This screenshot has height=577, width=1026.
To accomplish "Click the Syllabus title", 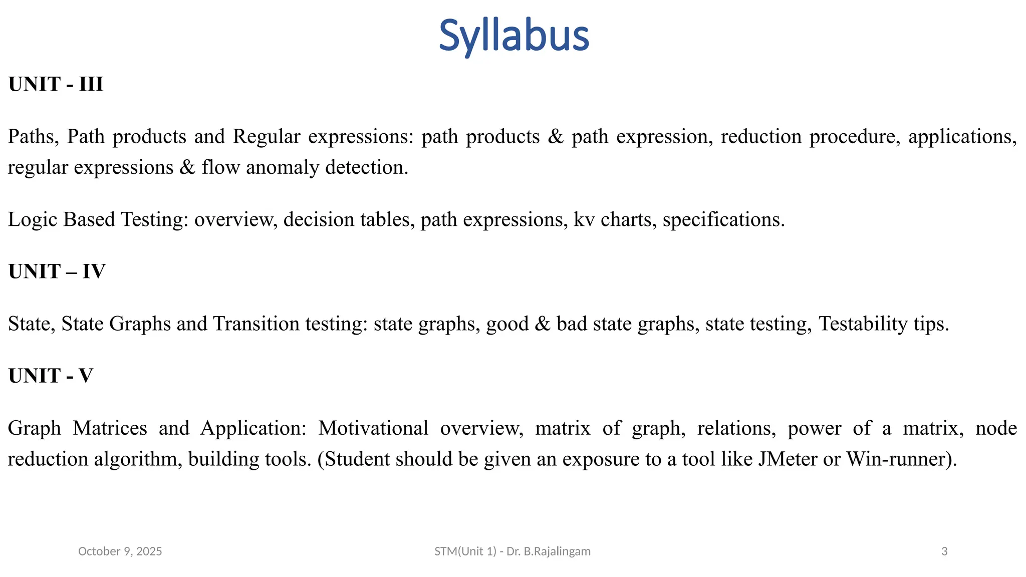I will click(514, 36).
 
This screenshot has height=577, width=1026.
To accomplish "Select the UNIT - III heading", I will click(56, 84).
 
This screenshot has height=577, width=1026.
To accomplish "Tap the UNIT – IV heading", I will click(57, 271).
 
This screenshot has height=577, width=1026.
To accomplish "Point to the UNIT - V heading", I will click(51, 376).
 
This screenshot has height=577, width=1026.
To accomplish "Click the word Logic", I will click(32, 219).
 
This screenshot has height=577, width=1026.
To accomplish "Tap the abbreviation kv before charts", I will click(584, 219).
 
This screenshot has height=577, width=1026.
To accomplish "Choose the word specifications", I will click(723, 219).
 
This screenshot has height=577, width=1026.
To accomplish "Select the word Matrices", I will click(110, 428).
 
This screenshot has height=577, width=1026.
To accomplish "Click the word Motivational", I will click(373, 428).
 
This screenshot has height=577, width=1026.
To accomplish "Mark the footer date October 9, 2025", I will click(120, 551).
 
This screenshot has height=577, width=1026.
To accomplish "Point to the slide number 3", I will click(944, 551).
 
